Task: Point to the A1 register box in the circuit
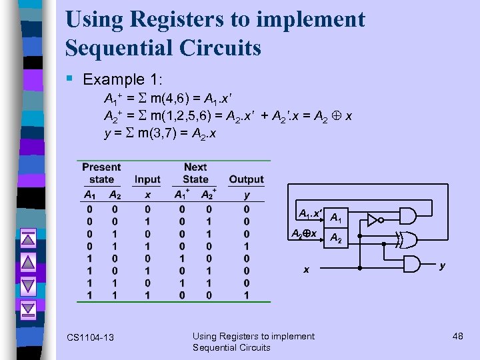(337, 218)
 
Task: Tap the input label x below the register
(307, 270)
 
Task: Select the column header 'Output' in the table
(246, 179)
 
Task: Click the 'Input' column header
(147, 179)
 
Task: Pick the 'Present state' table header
(101, 173)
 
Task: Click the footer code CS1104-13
(91, 338)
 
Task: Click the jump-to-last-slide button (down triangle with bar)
(28, 309)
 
